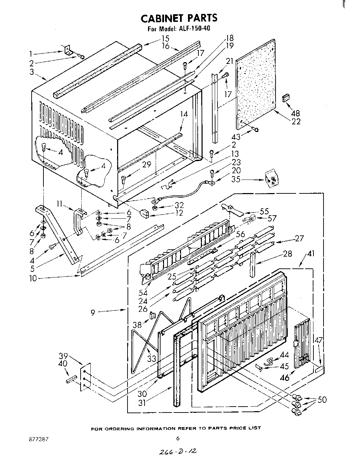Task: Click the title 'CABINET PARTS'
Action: point(179,18)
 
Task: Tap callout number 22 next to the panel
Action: point(296,121)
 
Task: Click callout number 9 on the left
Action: point(93,313)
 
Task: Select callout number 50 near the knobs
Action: point(322,400)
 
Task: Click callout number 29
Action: point(146,164)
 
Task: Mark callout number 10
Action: point(33,278)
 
